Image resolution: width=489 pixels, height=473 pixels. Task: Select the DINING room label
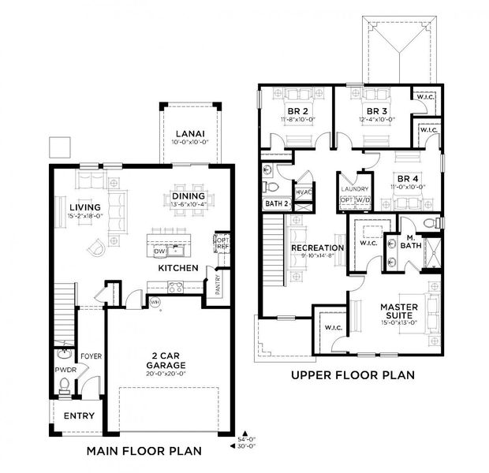pyautogui.click(x=189, y=196)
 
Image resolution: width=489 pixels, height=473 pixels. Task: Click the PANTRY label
pyautogui.click(x=218, y=281)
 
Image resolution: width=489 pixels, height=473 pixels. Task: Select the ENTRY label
pyautogui.click(x=78, y=415)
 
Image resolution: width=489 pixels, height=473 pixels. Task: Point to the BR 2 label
pyautogui.click(x=296, y=111)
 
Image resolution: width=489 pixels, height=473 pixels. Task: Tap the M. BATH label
pyautogui.click(x=411, y=244)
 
